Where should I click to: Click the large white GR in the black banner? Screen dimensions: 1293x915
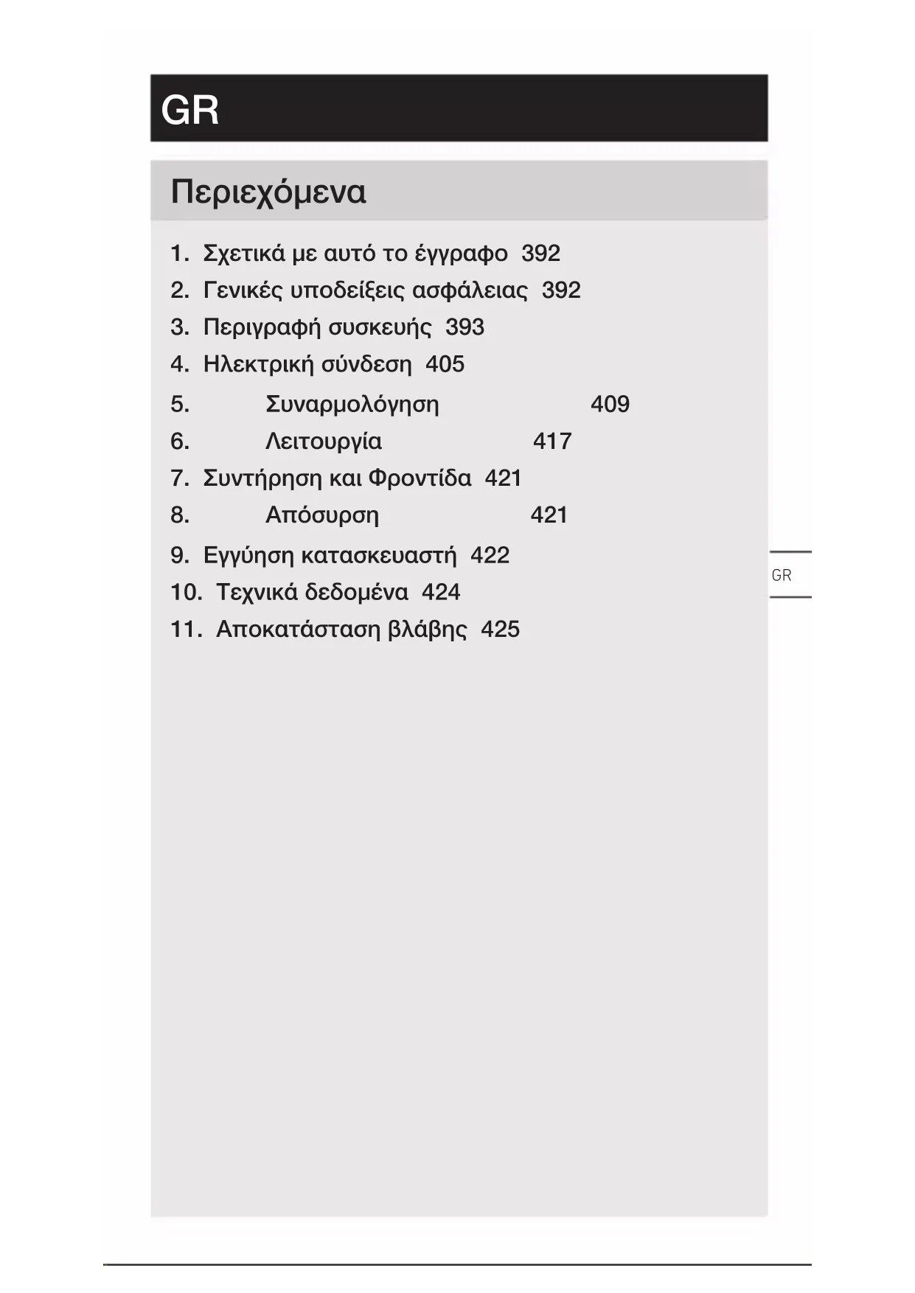point(189,111)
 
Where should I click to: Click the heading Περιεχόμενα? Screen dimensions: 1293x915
point(268,192)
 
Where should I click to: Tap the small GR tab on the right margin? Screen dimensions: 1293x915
point(781,575)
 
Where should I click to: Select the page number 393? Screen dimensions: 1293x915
point(465,327)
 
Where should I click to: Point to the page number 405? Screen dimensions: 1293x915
point(445,364)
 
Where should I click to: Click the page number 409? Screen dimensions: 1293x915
point(610,404)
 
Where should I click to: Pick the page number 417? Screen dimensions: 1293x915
point(552,441)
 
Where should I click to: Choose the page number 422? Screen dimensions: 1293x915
point(490,555)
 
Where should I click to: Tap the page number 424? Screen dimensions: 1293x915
point(441,592)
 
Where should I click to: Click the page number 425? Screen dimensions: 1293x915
point(500,629)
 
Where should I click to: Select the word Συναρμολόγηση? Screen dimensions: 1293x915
point(352,405)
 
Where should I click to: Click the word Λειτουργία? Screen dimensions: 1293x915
point(323,442)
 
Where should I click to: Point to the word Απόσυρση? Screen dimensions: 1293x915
point(321,515)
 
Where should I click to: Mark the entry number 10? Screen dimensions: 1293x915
point(186,592)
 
